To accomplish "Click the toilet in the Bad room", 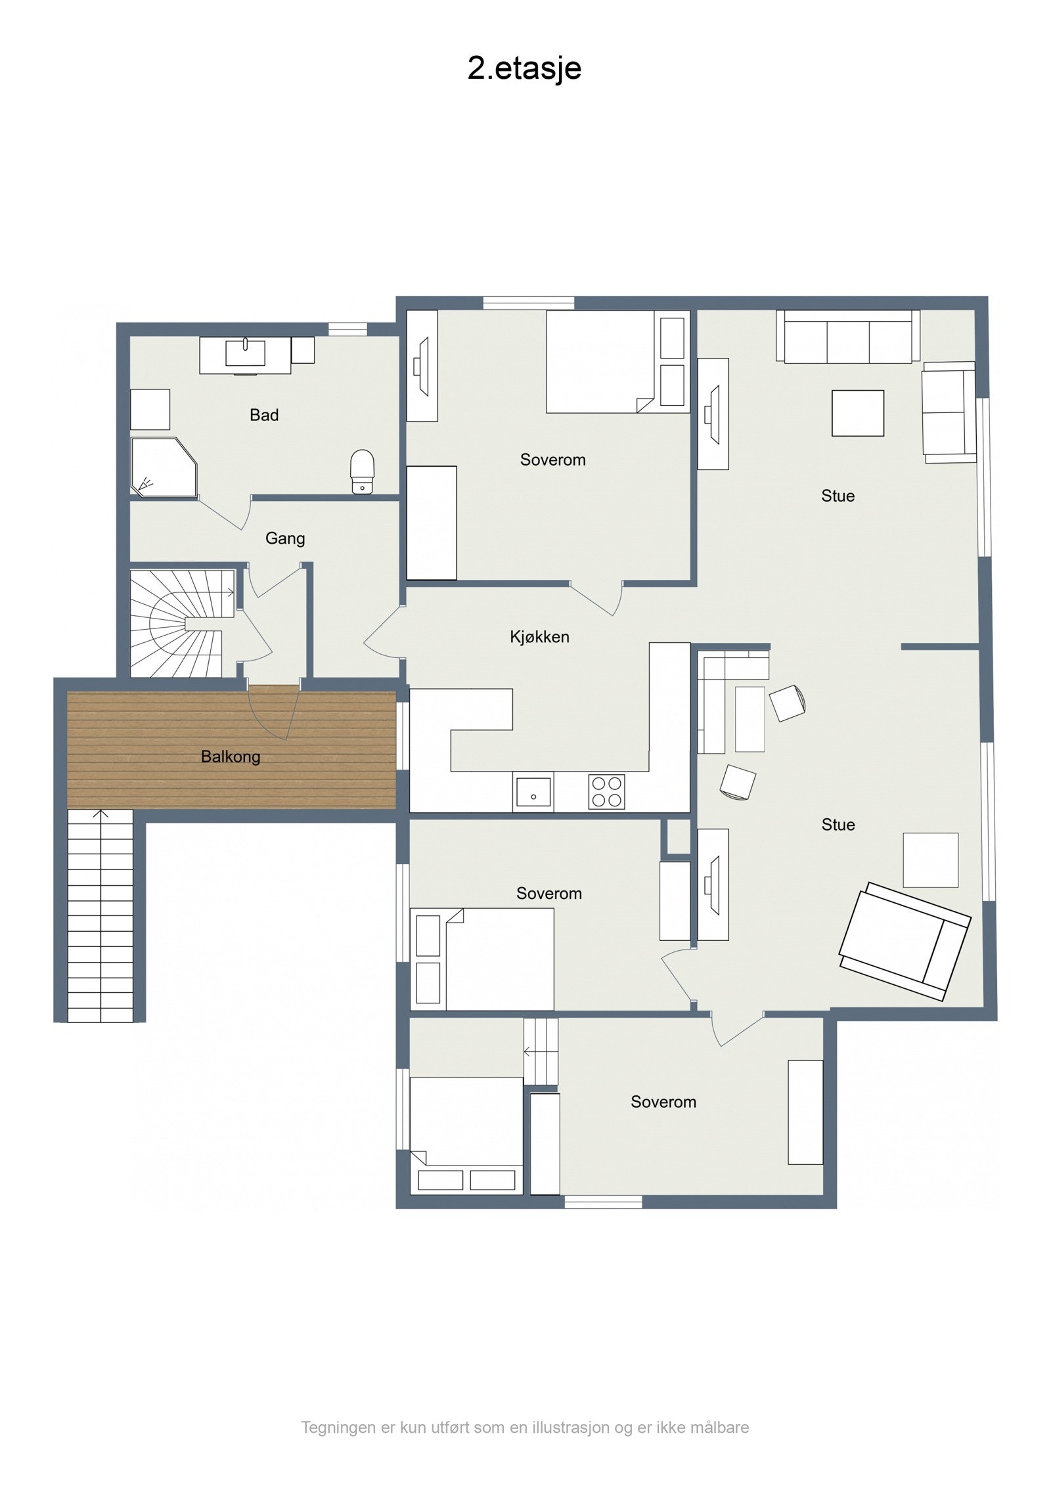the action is tap(362, 471).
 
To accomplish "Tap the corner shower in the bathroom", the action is tap(164, 467).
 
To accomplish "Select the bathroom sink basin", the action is tap(245, 353).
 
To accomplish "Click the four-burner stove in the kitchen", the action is tap(606, 791).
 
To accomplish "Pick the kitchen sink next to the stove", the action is tap(533, 792).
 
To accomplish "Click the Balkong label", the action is tap(231, 756).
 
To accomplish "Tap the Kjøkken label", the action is tap(539, 637).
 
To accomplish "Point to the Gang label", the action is tap(285, 538).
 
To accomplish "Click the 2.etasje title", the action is tap(524, 68).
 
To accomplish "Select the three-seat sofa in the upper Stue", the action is tap(847, 336).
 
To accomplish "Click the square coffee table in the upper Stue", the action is tap(857, 413).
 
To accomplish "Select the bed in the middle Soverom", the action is tap(482, 959).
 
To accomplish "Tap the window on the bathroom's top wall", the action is tap(347, 329).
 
